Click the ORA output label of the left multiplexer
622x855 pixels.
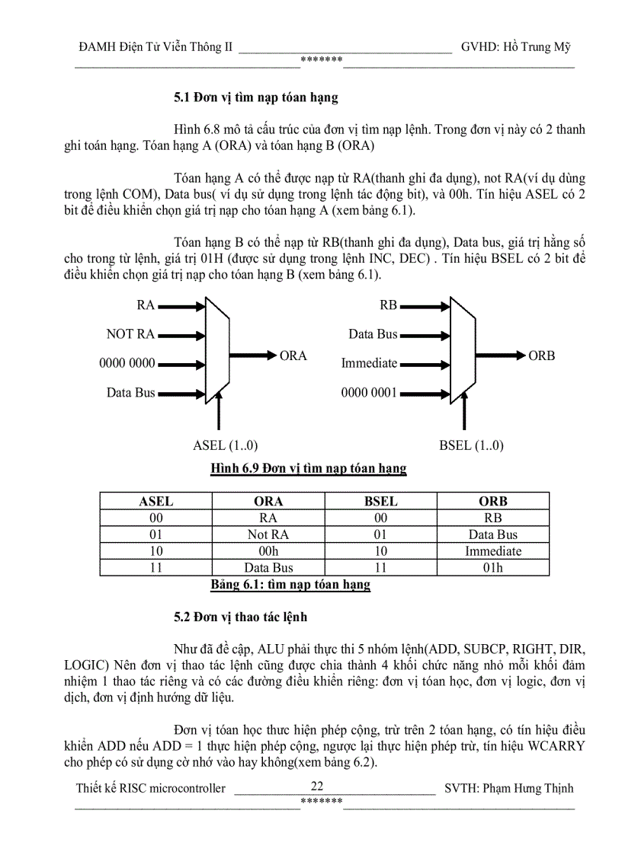click(293, 356)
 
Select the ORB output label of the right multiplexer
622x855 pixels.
click(542, 356)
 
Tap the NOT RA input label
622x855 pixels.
click(130, 333)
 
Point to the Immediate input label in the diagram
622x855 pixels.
click(369, 363)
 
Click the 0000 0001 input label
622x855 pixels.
click(369, 393)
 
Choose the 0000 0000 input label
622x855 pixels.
click(127, 363)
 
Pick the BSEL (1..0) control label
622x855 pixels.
click(471, 445)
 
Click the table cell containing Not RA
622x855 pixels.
click(268, 534)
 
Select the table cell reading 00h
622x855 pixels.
click(268, 550)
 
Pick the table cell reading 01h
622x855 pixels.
click(492, 567)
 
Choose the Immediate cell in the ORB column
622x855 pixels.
click(492, 550)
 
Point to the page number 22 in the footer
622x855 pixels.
click(318, 786)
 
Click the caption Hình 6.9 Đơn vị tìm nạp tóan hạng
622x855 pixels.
click(308, 469)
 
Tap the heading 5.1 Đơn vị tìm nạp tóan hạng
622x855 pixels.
click(255, 97)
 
